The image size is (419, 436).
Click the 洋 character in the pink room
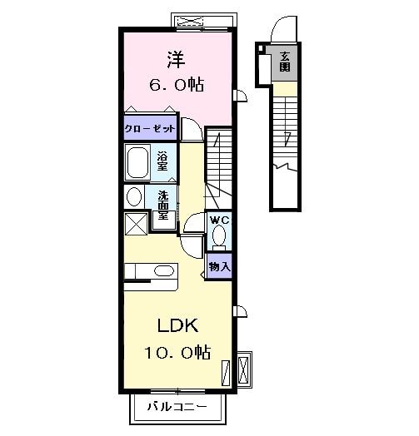[x=174, y=60]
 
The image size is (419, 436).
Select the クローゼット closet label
[x=150, y=129]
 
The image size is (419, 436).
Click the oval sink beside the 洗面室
[x=133, y=197]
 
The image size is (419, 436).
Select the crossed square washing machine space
[x=136, y=224]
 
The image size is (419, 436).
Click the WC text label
[x=219, y=220]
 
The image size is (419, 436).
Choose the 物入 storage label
[x=219, y=267]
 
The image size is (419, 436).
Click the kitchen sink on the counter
[x=164, y=271]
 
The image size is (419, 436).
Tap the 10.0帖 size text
[x=177, y=352]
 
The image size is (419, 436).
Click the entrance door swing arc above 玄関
[x=284, y=29]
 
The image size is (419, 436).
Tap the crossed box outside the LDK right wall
[x=243, y=366]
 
